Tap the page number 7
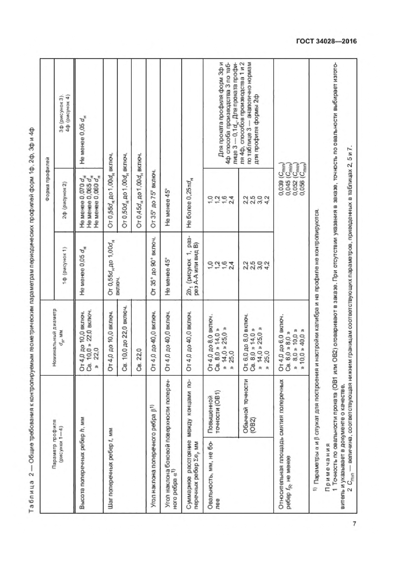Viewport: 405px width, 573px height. coord(354,524)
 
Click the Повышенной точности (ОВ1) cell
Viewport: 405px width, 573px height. coord(211,407)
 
